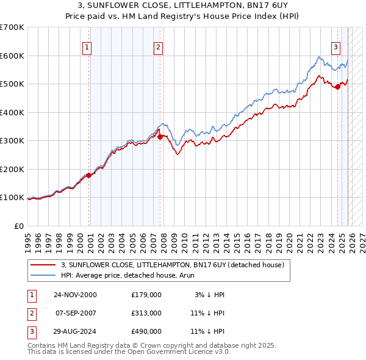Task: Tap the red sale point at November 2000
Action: click(x=89, y=175)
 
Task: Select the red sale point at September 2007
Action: click(x=160, y=137)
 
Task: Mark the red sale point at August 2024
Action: click(x=337, y=87)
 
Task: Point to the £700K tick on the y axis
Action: click(x=12, y=27)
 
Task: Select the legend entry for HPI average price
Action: click(x=116, y=275)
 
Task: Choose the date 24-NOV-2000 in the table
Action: click(x=75, y=295)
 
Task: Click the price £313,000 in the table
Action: click(x=146, y=313)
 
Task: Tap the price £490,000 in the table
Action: click(x=146, y=331)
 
